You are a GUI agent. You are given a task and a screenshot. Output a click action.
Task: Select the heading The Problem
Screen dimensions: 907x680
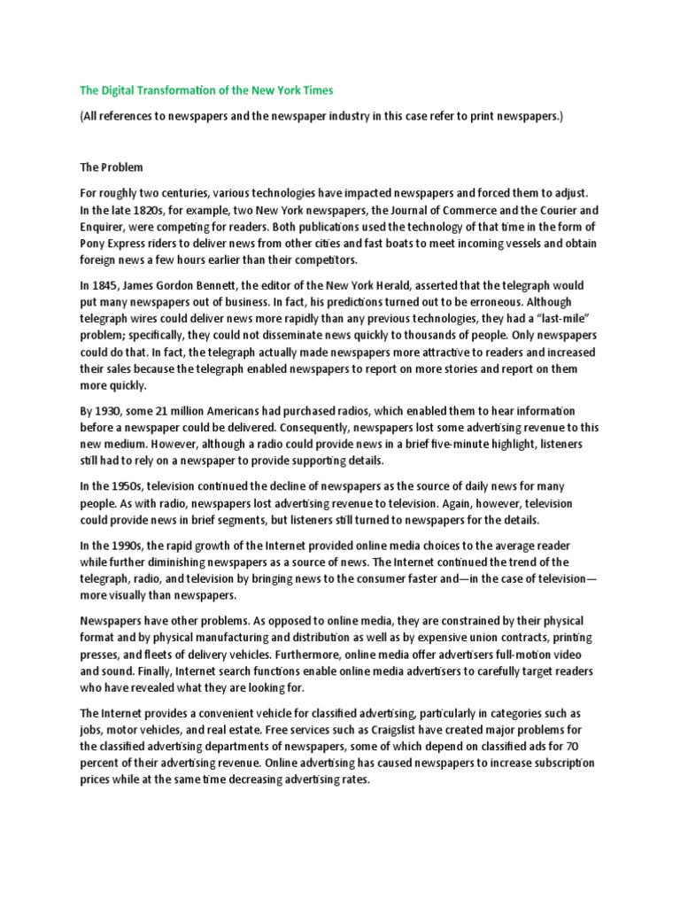(111, 167)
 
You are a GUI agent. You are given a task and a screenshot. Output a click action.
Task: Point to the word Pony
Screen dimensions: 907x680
(95, 243)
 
